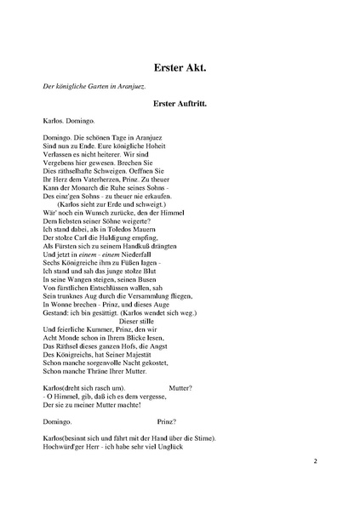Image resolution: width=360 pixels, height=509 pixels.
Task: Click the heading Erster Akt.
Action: [x=180, y=66]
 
